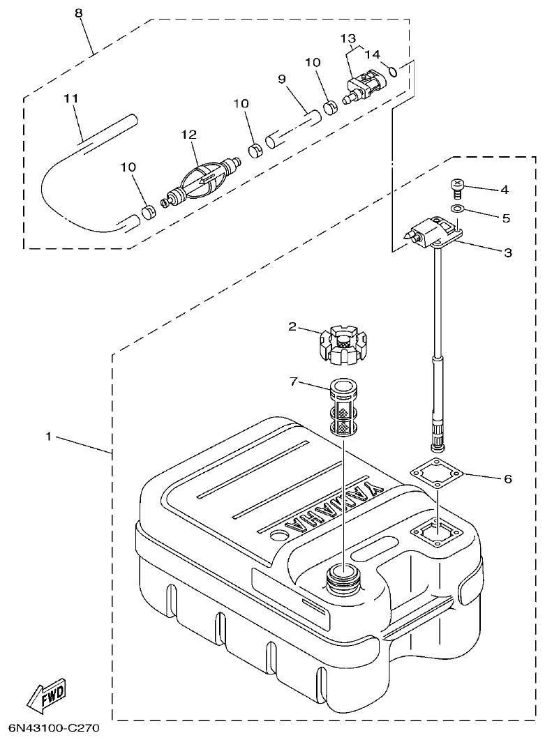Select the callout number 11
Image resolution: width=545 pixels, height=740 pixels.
click(70, 99)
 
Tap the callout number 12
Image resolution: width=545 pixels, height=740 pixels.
click(189, 134)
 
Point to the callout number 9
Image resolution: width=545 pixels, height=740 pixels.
click(283, 80)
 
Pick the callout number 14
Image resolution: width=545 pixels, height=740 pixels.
click(372, 54)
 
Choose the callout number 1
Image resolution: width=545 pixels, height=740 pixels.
click(48, 437)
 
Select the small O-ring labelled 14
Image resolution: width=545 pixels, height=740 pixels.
click(393, 70)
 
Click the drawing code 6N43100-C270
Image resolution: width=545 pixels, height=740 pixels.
click(50, 728)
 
